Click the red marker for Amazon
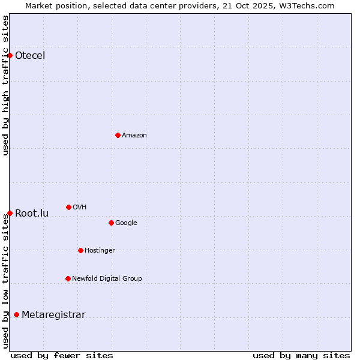tap(118, 135)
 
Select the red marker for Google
tap(111, 223)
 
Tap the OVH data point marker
tap(68, 207)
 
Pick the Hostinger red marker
tap(80, 250)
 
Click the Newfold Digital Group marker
tap(68, 278)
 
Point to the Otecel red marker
tap(10, 55)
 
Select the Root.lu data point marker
tap(10, 213)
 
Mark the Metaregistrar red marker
tap(16, 314)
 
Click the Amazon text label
tap(134, 136)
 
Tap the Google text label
tap(126, 223)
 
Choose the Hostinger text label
tap(100, 251)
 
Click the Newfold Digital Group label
tap(107, 279)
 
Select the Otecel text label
tap(30, 56)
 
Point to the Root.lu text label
tap(32, 214)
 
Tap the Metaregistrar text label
tap(53, 315)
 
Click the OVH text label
tap(80, 208)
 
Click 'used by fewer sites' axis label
tap(62, 355)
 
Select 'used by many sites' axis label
tap(301, 355)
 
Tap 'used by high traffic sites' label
tap(5, 85)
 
